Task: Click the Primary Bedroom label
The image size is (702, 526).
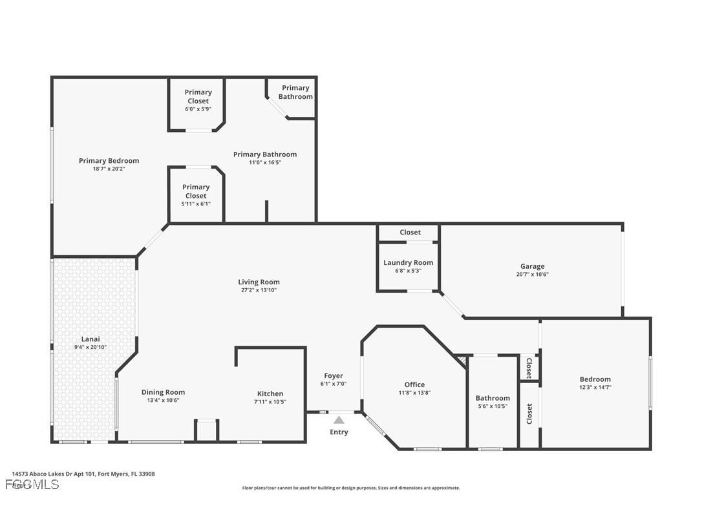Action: [109, 161]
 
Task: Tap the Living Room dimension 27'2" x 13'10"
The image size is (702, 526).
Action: [259, 290]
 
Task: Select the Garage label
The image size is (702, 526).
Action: [533, 266]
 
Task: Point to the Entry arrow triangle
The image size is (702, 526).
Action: [339, 420]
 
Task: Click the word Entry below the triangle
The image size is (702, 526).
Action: [339, 432]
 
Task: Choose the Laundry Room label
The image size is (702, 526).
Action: [408, 262]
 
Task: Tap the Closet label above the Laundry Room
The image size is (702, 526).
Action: [410, 232]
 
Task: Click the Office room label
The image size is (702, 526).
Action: [414, 384]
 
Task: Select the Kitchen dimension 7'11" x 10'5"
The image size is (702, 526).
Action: [270, 401]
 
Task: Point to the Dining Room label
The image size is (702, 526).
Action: [163, 392]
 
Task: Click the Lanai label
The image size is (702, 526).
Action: [90, 339]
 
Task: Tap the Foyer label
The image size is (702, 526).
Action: [334, 375]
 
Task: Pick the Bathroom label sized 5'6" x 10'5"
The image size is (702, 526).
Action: [493, 398]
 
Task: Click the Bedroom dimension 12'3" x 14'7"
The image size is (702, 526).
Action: [595, 387]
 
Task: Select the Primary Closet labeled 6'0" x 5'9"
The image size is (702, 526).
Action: [198, 96]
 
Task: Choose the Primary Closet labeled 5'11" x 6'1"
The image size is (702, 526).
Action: [196, 191]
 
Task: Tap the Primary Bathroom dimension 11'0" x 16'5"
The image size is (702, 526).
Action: [265, 162]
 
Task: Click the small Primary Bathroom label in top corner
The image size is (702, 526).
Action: [295, 92]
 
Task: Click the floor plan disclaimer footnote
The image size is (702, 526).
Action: [351, 488]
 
